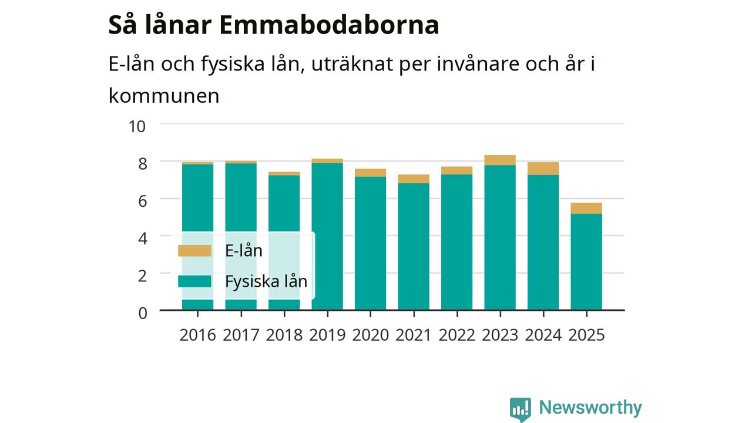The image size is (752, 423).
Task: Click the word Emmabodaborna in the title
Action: pyautogui.click(x=329, y=25)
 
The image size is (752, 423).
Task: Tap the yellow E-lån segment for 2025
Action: pyautogui.click(x=586, y=208)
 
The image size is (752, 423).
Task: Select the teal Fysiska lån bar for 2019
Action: pyautogui.click(x=327, y=236)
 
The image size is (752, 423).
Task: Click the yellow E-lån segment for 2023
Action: pyautogui.click(x=500, y=160)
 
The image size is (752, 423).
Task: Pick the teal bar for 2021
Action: pyautogui.click(x=414, y=246)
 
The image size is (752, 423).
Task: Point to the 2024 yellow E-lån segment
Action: pyautogui.click(x=543, y=169)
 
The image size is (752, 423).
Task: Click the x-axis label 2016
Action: pyautogui.click(x=197, y=335)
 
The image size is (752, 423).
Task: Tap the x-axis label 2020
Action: pyautogui.click(x=370, y=335)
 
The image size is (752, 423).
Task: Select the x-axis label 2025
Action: pyautogui.click(x=586, y=335)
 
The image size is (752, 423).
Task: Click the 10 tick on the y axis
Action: pyautogui.click(x=137, y=127)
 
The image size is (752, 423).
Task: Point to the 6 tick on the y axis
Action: pyautogui.click(x=143, y=202)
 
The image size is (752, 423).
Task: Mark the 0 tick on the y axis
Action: pyautogui.click(x=143, y=313)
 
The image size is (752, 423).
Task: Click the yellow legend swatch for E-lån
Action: pyautogui.click(x=194, y=251)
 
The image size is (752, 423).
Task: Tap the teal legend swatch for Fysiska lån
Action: pyautogui.click(x=194, y=281)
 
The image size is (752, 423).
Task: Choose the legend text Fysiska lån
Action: pyautogui.click(x=266, y=281)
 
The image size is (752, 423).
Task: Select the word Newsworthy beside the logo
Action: pyautogui.click(x=590, y=408)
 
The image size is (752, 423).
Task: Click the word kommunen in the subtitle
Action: pyautogui.click(x=164, y=96)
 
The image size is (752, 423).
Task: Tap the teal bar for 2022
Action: pyautogui.click(x=457, y=242)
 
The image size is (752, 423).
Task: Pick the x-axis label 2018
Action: pyautogui.click(x=284, y=335)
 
